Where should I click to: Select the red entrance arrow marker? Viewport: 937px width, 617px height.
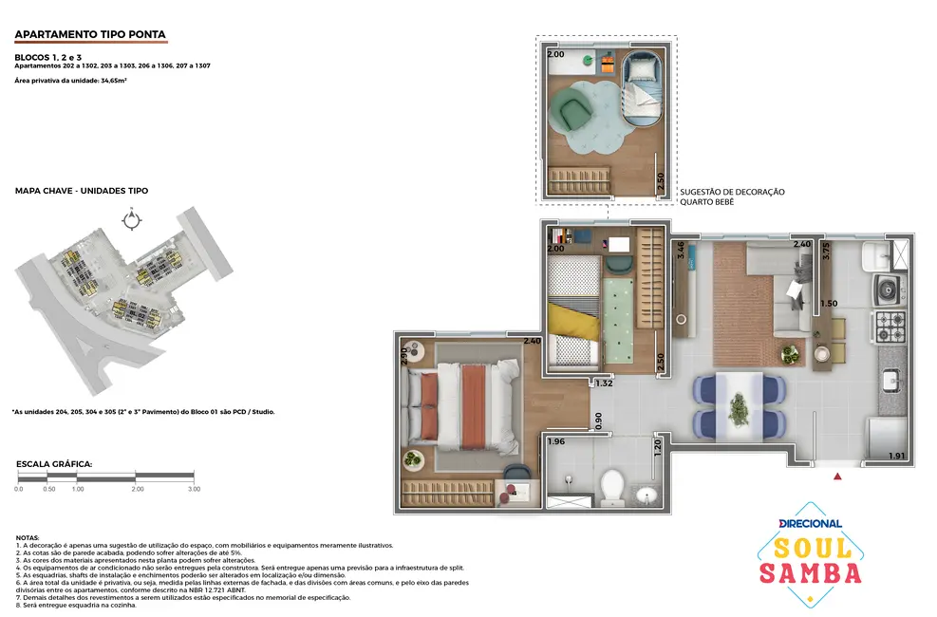tap(836, 477)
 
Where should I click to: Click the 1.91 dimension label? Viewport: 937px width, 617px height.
tap(897, 457)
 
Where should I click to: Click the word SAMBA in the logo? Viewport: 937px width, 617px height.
tap(811, 572)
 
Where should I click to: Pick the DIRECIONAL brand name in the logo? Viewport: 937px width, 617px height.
tap(810, 523)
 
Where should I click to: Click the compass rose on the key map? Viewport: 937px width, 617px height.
tap(131, 219)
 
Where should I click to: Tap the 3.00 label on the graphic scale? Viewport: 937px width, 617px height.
tap(194, 489)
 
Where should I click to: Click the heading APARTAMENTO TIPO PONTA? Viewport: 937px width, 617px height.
tap(90, 35)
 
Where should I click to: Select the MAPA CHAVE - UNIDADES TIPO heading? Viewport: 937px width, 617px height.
tap(82, 191)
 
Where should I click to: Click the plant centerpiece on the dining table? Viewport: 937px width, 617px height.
tap(739, 408)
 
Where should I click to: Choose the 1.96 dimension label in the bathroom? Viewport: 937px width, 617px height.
tap(556, 441)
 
